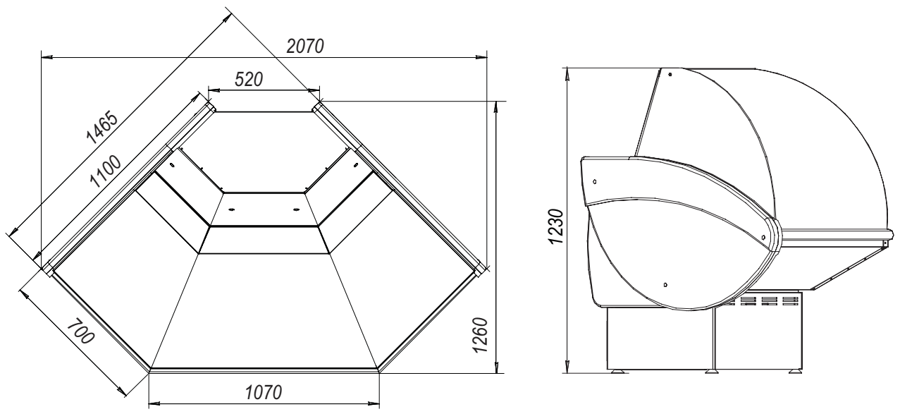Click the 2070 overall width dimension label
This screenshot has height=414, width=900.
click(x=305, y=47)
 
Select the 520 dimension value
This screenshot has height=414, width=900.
click(x=249, y=80)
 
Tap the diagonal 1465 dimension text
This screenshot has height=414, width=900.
click(x=102, y=128)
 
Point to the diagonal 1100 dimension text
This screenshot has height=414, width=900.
click(x=105, y=171)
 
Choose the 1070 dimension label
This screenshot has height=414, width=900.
click(x=264, y=392)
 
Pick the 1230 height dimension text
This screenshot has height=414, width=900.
click(x=557, y=226)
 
